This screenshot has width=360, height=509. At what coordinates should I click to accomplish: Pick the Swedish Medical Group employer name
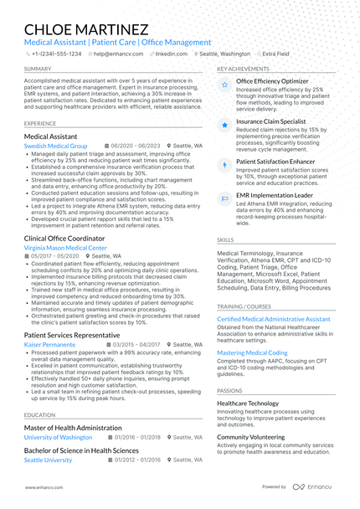click(x=55, y=145)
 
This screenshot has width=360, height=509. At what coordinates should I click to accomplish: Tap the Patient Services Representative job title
click(x=72, y=334)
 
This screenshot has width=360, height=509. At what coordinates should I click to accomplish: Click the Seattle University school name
click(x=48, y=460)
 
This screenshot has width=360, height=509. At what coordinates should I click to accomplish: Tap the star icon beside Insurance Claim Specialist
click(x=224, y=125)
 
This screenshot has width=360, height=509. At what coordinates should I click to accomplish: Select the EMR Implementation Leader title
click(x=274, y=195)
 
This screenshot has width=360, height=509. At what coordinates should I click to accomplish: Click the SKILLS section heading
click(x=225, y=239)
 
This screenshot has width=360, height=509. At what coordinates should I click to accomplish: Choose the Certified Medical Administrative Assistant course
click(x=274, y=319)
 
